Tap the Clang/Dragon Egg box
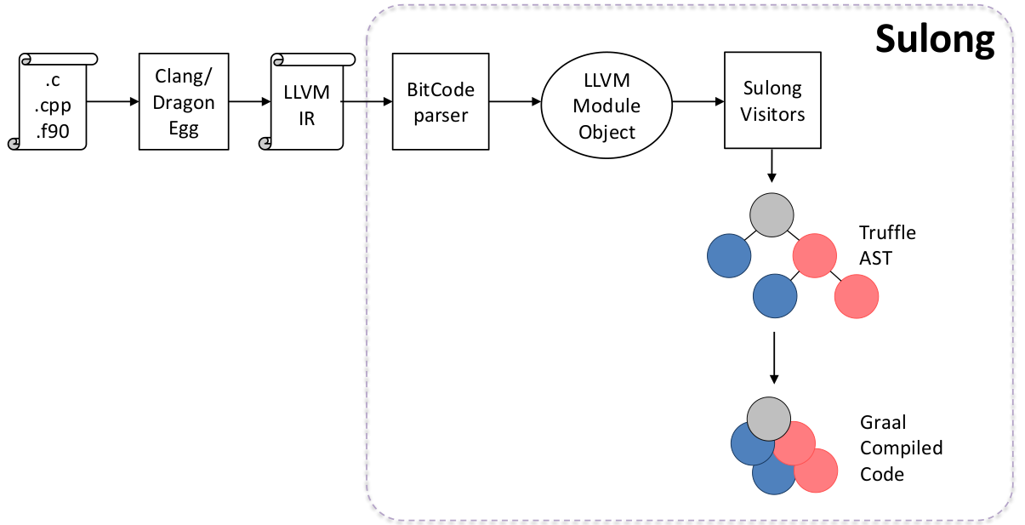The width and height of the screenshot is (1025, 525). point(185,101)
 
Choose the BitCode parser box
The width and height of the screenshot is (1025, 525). point(441,101)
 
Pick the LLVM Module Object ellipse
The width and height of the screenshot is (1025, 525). point(606,106)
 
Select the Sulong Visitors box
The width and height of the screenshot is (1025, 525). point(772,101)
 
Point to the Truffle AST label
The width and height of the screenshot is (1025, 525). point(887,244)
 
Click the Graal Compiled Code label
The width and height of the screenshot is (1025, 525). point(901,448)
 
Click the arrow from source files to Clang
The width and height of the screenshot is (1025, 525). point(112,102)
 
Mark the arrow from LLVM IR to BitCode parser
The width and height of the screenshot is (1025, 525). point(367,102)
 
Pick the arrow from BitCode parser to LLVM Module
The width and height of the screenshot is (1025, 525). point(515,102)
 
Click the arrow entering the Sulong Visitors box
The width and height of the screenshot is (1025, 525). point(698,102)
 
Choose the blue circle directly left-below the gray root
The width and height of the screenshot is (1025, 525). point(729,254)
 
